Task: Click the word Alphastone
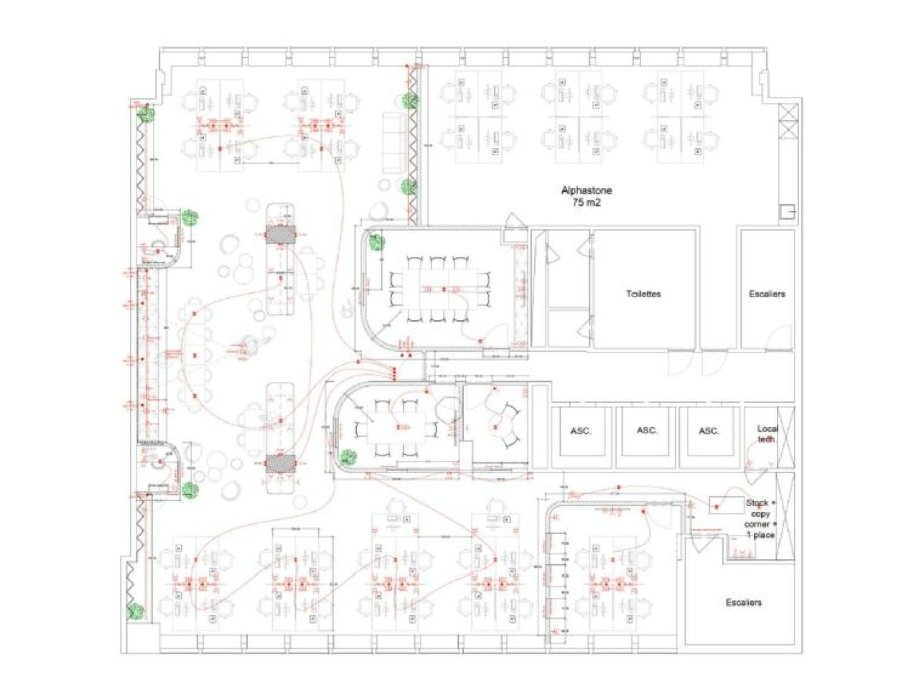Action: coord(586,191)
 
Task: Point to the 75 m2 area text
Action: coord(586,203)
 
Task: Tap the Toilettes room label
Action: coord(643,294)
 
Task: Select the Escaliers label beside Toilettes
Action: coord(767,294)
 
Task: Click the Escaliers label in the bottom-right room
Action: coord(743,602)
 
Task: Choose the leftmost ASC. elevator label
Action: coord(581,431)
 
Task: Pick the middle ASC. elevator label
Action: coord(647,431)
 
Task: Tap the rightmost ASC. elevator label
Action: coord(709,431)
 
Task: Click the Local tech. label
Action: coord(767,434)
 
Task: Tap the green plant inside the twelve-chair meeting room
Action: coord(376,243)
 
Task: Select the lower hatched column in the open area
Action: coord(281,463)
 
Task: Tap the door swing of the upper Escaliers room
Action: coord(780,337)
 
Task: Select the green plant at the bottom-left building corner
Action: coord(134,612)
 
